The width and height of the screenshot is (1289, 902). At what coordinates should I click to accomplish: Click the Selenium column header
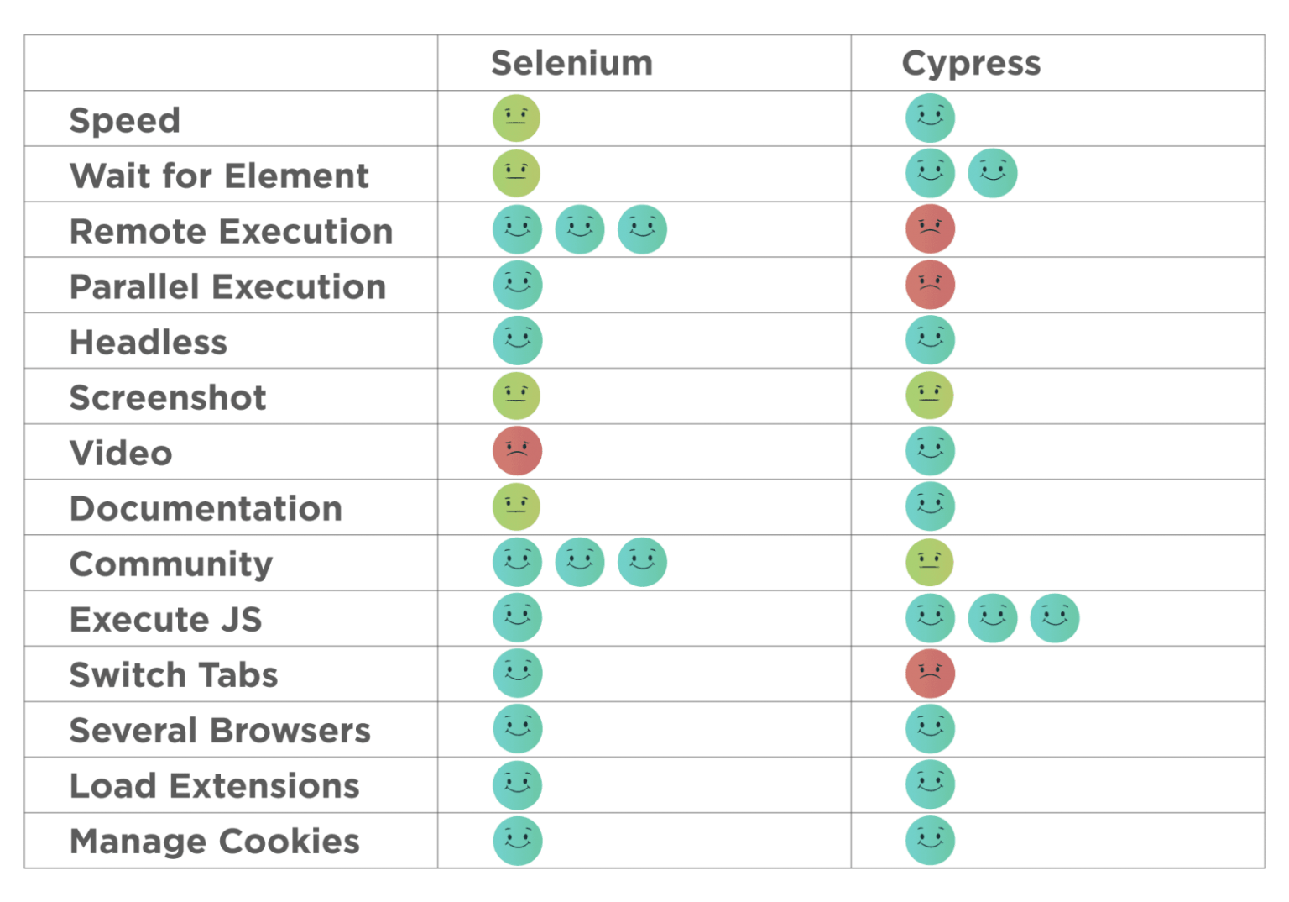(x=572, y=63)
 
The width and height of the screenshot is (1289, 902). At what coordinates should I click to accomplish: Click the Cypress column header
(x=971, y=64)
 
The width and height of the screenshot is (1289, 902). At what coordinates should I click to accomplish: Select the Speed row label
(x=125, y=121)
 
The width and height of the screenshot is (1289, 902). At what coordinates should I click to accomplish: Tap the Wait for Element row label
(x=219, y=176)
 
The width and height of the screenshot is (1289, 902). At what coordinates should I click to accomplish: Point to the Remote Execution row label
(x=232, y=232)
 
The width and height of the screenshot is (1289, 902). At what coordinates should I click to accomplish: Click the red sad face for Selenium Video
(x=517, y=451)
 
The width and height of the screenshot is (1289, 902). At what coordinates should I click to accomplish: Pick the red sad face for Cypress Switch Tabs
(x=930, y=674)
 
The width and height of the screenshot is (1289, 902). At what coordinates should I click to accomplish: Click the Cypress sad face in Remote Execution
(x=930, y=229)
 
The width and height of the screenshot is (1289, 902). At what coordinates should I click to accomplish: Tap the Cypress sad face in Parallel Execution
(x=930, y=285)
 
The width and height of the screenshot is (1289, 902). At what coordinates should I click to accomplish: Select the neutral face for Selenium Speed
(x=516, y=118)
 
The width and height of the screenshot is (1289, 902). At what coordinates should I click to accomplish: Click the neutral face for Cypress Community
(x=929, y=562)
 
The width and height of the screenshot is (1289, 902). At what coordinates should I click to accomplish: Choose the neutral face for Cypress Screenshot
(x=929, y=396)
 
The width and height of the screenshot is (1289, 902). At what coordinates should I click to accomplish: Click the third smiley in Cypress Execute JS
(x=1055, y=618)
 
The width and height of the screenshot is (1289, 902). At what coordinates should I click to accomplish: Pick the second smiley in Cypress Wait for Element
(x=993, y=173)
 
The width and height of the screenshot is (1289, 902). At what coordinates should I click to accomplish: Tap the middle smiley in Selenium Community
(x=580, y=562)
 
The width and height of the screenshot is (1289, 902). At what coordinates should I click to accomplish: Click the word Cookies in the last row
(x=290, y=842)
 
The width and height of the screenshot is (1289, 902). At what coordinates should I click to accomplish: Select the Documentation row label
(x=206, y=509)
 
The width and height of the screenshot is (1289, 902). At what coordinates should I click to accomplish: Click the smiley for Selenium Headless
(x=517, y=340)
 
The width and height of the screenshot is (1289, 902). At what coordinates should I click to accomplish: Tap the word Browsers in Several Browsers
(x=290, y=731)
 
